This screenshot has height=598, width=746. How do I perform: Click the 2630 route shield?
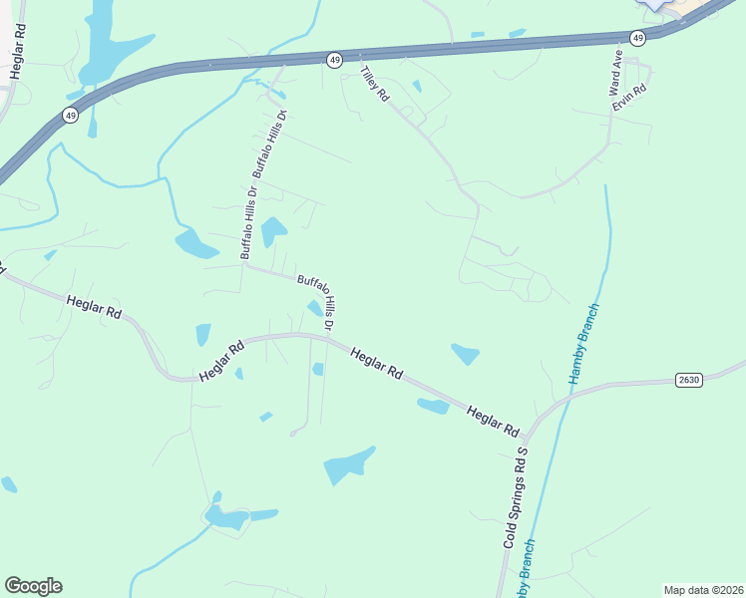[x=688, y=380]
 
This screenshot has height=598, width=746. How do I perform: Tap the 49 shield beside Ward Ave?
[x=638, y=37]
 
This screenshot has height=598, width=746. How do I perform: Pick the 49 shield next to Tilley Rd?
[x=333, y=61]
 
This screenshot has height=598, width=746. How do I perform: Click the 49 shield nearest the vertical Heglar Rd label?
[x=70, y=116]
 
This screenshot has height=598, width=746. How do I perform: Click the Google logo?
[x=33, y=586]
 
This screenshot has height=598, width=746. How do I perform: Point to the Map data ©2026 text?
[x=703, y=590]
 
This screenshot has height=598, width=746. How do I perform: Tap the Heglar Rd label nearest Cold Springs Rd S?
[x=494, y=419]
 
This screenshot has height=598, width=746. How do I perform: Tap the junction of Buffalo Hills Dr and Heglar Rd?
[x=327, y=337]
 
